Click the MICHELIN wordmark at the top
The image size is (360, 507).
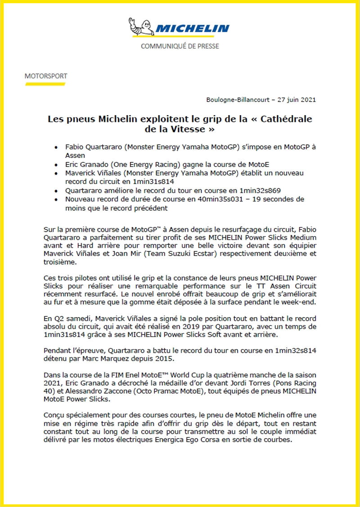point(193,29)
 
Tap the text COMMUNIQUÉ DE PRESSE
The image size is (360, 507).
point(180,46)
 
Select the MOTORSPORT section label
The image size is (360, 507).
point(46,76)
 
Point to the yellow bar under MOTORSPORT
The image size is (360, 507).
point(45,84)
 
